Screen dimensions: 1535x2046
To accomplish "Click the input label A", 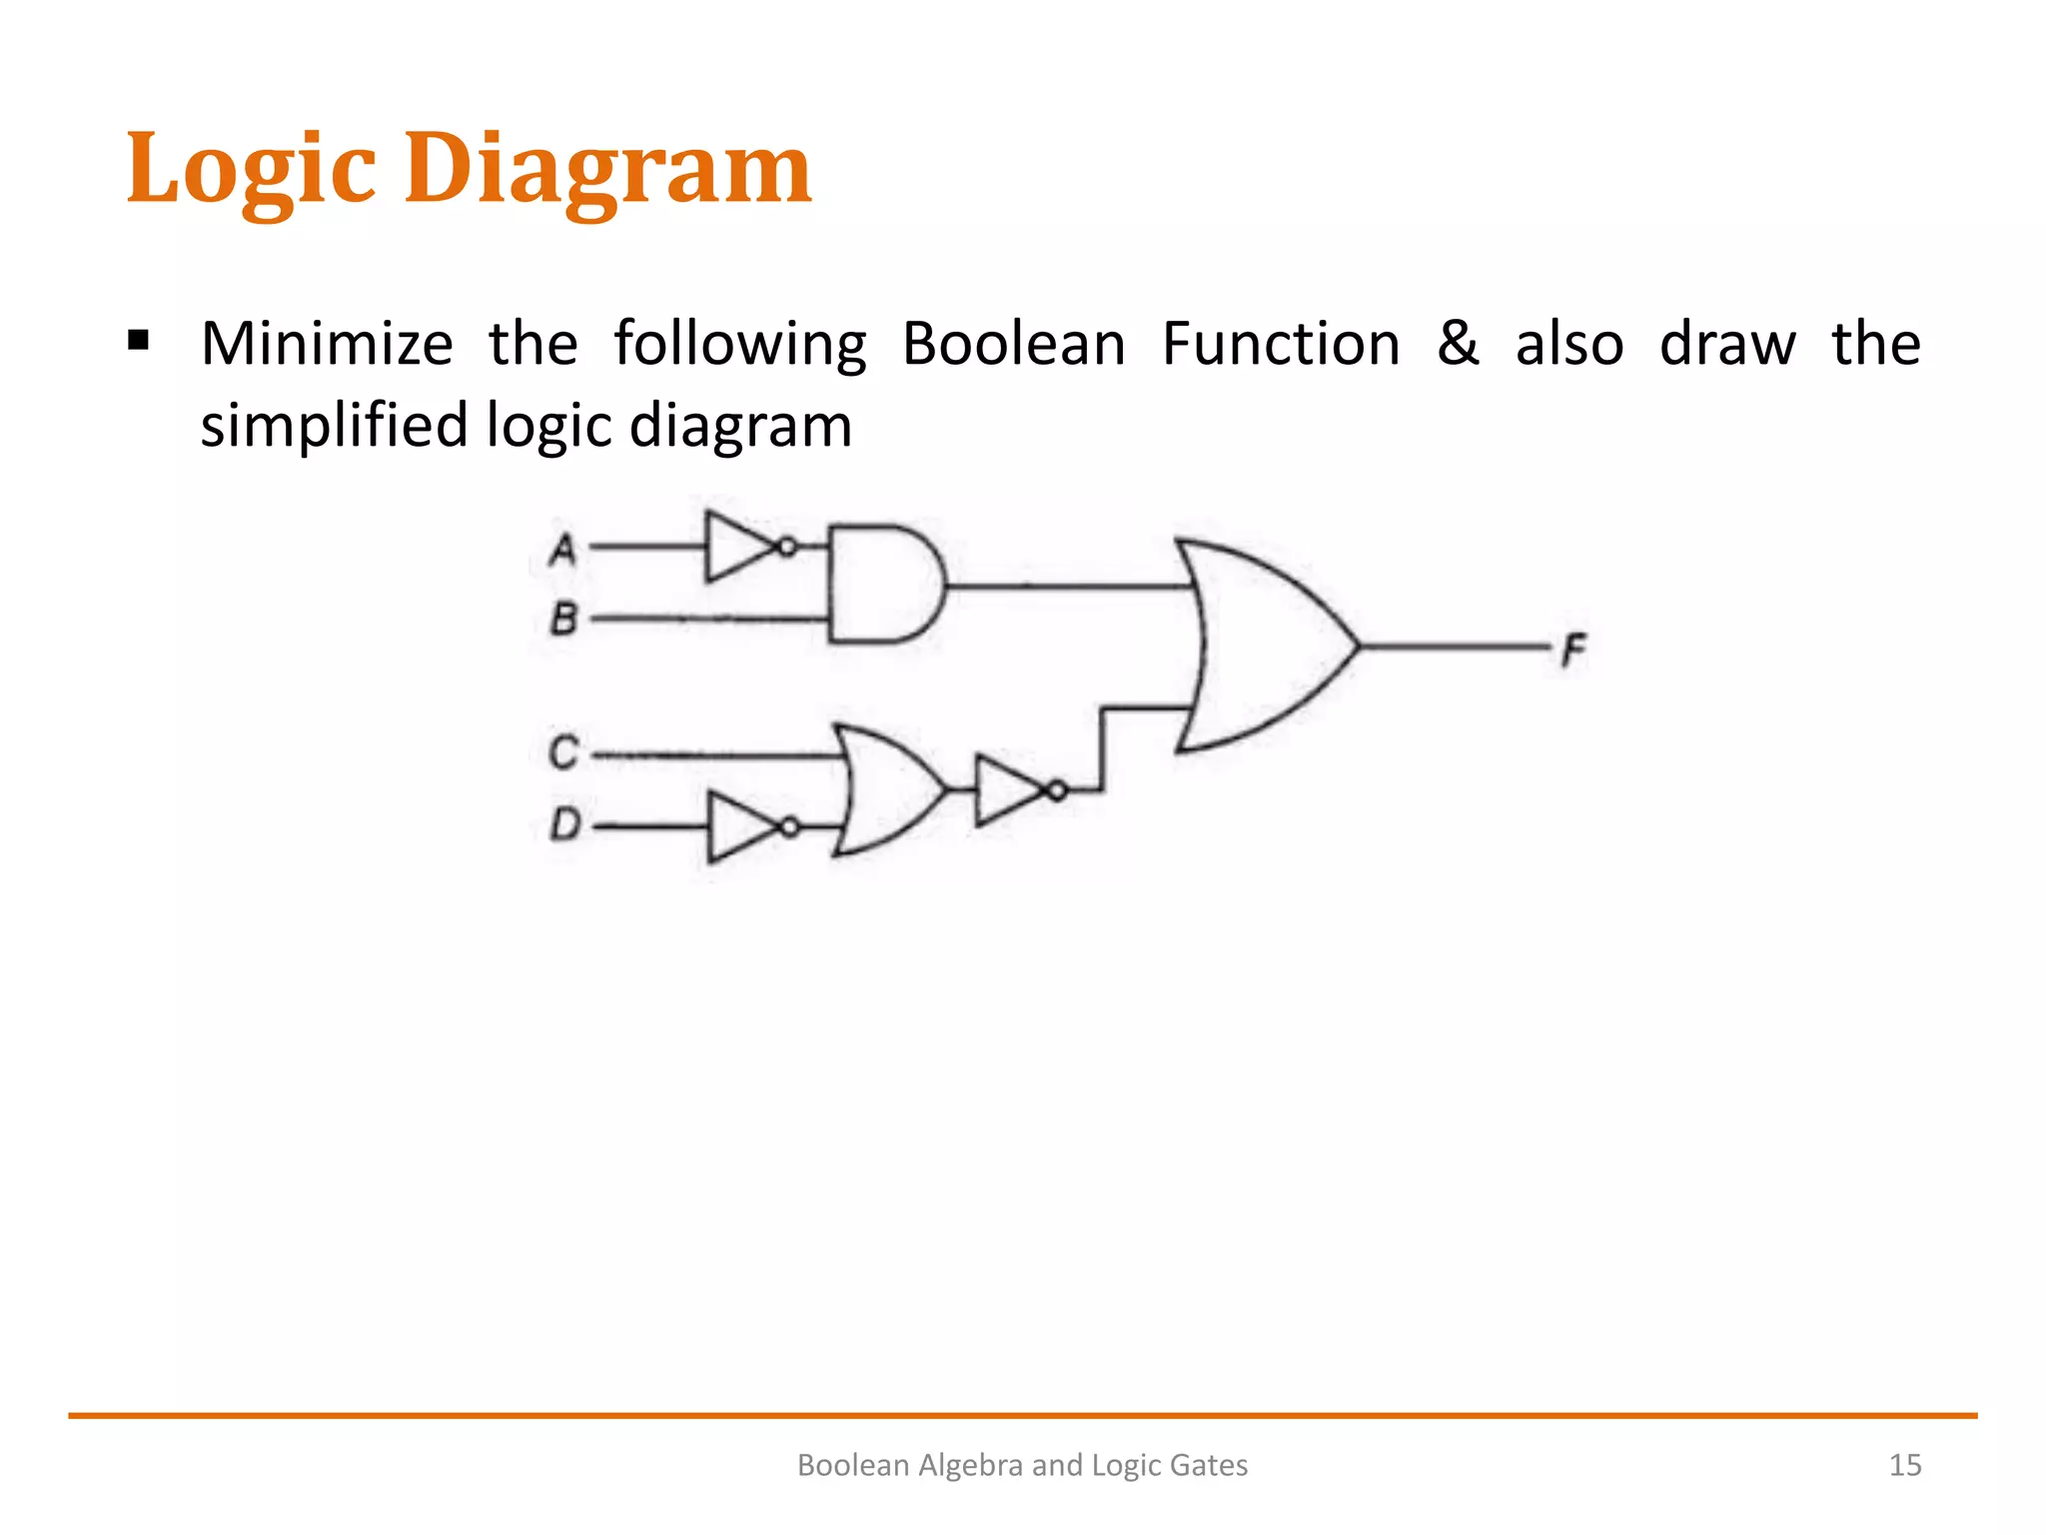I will [563, 550].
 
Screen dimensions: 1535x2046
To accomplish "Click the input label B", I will [564, 620].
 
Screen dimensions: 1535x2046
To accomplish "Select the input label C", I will [563, 753].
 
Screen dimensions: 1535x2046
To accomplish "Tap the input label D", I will [565, 825].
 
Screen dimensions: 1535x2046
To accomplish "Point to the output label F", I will [1573, 651].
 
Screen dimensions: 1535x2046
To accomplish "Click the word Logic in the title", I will [251, 170].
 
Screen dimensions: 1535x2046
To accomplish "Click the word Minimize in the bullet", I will [327, 344].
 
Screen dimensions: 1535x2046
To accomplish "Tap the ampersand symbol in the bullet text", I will [1458, 344].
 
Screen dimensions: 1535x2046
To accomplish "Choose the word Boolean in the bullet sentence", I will [1013, 344].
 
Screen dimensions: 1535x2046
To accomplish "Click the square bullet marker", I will [138, 343].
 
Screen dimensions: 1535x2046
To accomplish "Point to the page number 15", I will [1904, 1465].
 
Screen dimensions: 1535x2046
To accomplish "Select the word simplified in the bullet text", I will [334, 426].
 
